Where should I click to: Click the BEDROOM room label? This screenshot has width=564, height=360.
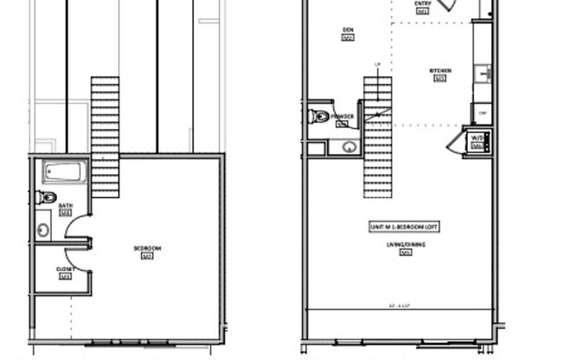coord(147,248)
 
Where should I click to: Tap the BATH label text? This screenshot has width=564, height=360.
coord(66,206)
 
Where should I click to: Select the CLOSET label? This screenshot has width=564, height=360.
coord(65,269)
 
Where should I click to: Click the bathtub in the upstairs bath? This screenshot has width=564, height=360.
coord(65,171)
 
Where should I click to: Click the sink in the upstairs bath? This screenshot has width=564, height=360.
coord(43,230)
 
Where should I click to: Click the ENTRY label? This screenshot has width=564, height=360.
coord(422,3)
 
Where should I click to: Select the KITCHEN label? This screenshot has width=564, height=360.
coord(439,71)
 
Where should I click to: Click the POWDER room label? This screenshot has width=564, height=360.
coord(343,117)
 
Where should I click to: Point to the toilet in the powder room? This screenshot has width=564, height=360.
coord(319,116)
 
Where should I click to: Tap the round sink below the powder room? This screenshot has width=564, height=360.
coord(349,146)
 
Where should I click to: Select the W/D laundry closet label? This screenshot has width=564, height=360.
coord(477,138)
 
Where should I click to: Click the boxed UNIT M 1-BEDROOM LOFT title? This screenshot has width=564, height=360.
coord(405,226)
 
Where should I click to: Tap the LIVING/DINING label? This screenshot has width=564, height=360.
coord(404,246)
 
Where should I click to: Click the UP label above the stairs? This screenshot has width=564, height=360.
coord(377,65)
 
